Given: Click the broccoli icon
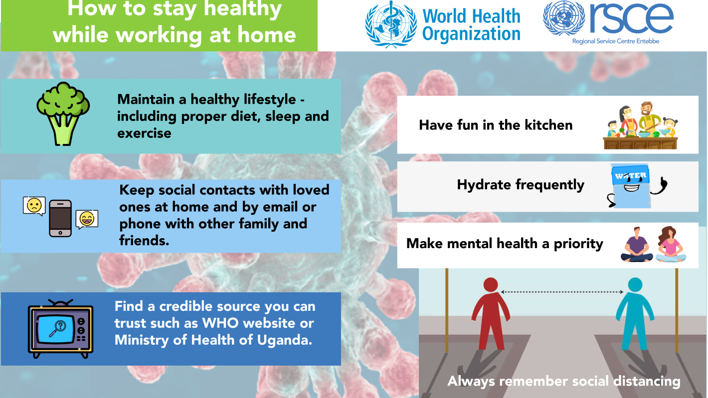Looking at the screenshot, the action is click(63, 114).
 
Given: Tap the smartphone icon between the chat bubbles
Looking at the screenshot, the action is click(60, 218).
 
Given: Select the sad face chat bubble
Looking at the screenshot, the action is click(34, 206).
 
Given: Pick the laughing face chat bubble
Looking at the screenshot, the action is click(87, 219).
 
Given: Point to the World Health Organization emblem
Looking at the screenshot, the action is click(391, 24).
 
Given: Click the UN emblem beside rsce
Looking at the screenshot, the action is click(564, 17).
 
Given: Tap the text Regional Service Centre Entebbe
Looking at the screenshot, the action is click(616, 41).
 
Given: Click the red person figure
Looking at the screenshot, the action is click(491, 313).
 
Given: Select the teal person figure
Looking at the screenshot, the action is click(635, 313).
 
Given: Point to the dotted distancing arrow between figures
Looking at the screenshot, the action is click(562, 292).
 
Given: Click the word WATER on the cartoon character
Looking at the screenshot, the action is click(631, 176).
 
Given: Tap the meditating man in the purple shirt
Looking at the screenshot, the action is click(637, 245).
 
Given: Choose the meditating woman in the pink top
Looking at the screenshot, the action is click(671, 245).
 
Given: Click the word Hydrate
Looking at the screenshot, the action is click(484, 185).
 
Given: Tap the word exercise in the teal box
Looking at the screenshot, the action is click(144, 133).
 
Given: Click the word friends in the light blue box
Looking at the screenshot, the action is click(144, 241).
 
